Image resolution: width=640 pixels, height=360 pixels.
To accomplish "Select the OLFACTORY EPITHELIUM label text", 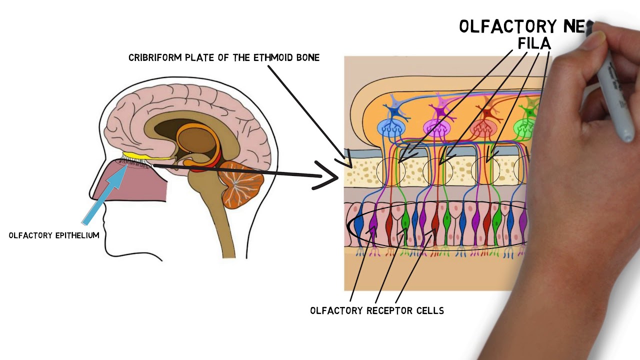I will click(x=54, y=235).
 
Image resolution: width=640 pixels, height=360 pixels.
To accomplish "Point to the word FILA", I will click(x=534, y=44).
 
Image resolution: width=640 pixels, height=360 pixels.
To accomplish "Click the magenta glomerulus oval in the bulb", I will click(x=437, y=128).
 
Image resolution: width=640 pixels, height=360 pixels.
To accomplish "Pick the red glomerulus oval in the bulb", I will click(x=483, y=128).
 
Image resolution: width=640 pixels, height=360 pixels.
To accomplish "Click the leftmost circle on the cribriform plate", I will click(x=390, y=171).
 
